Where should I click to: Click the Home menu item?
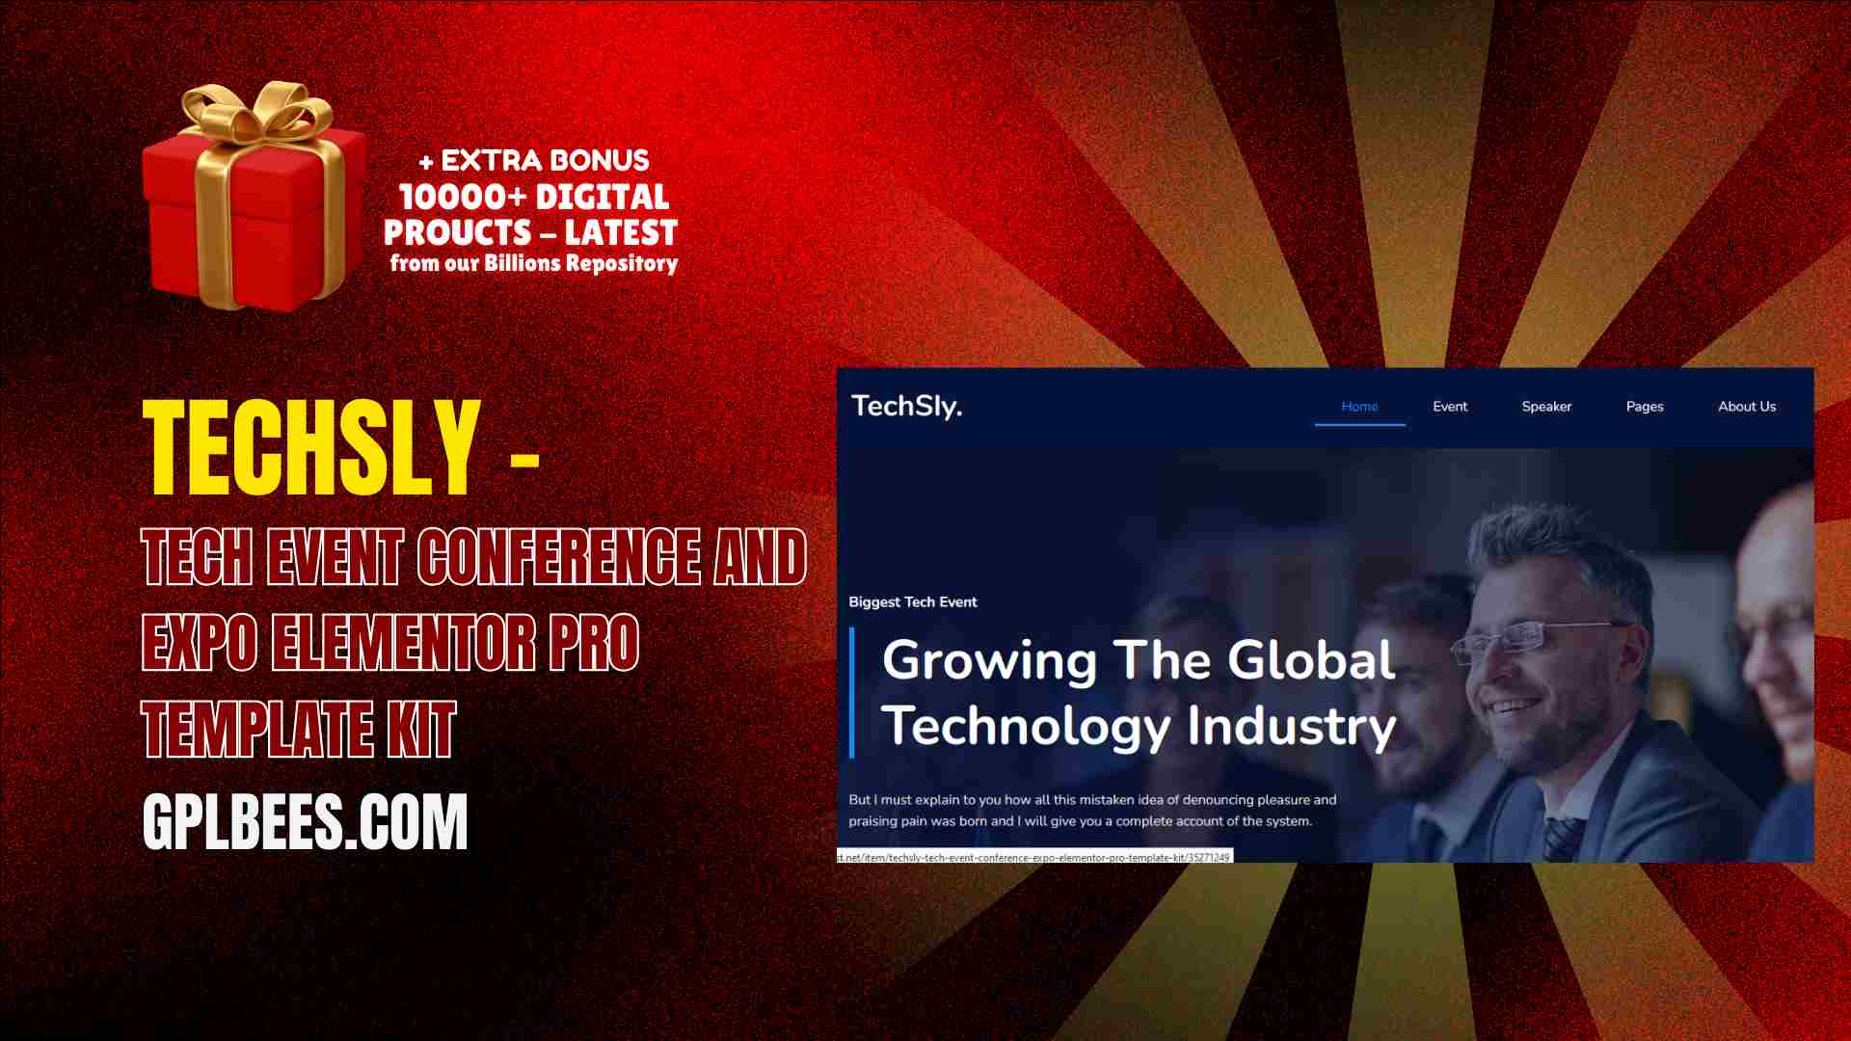(x=1359, y=407)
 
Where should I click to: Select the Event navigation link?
(x=1450, y=407)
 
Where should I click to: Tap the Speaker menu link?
(x=1546, y=407)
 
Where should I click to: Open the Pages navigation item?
(x=1645, y=407)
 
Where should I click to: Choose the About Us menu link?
(x=1747, y=407)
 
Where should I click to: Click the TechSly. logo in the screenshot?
(x=906, y=406)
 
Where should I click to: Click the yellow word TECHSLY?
(x=311, y=448)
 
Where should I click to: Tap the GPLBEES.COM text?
(x=305, y=821)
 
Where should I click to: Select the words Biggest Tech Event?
(x=913, y=602)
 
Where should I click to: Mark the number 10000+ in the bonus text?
(x=463, y=198)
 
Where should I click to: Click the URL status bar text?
(x=1034, y=857)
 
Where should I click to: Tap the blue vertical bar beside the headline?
(x=852, y=692)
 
